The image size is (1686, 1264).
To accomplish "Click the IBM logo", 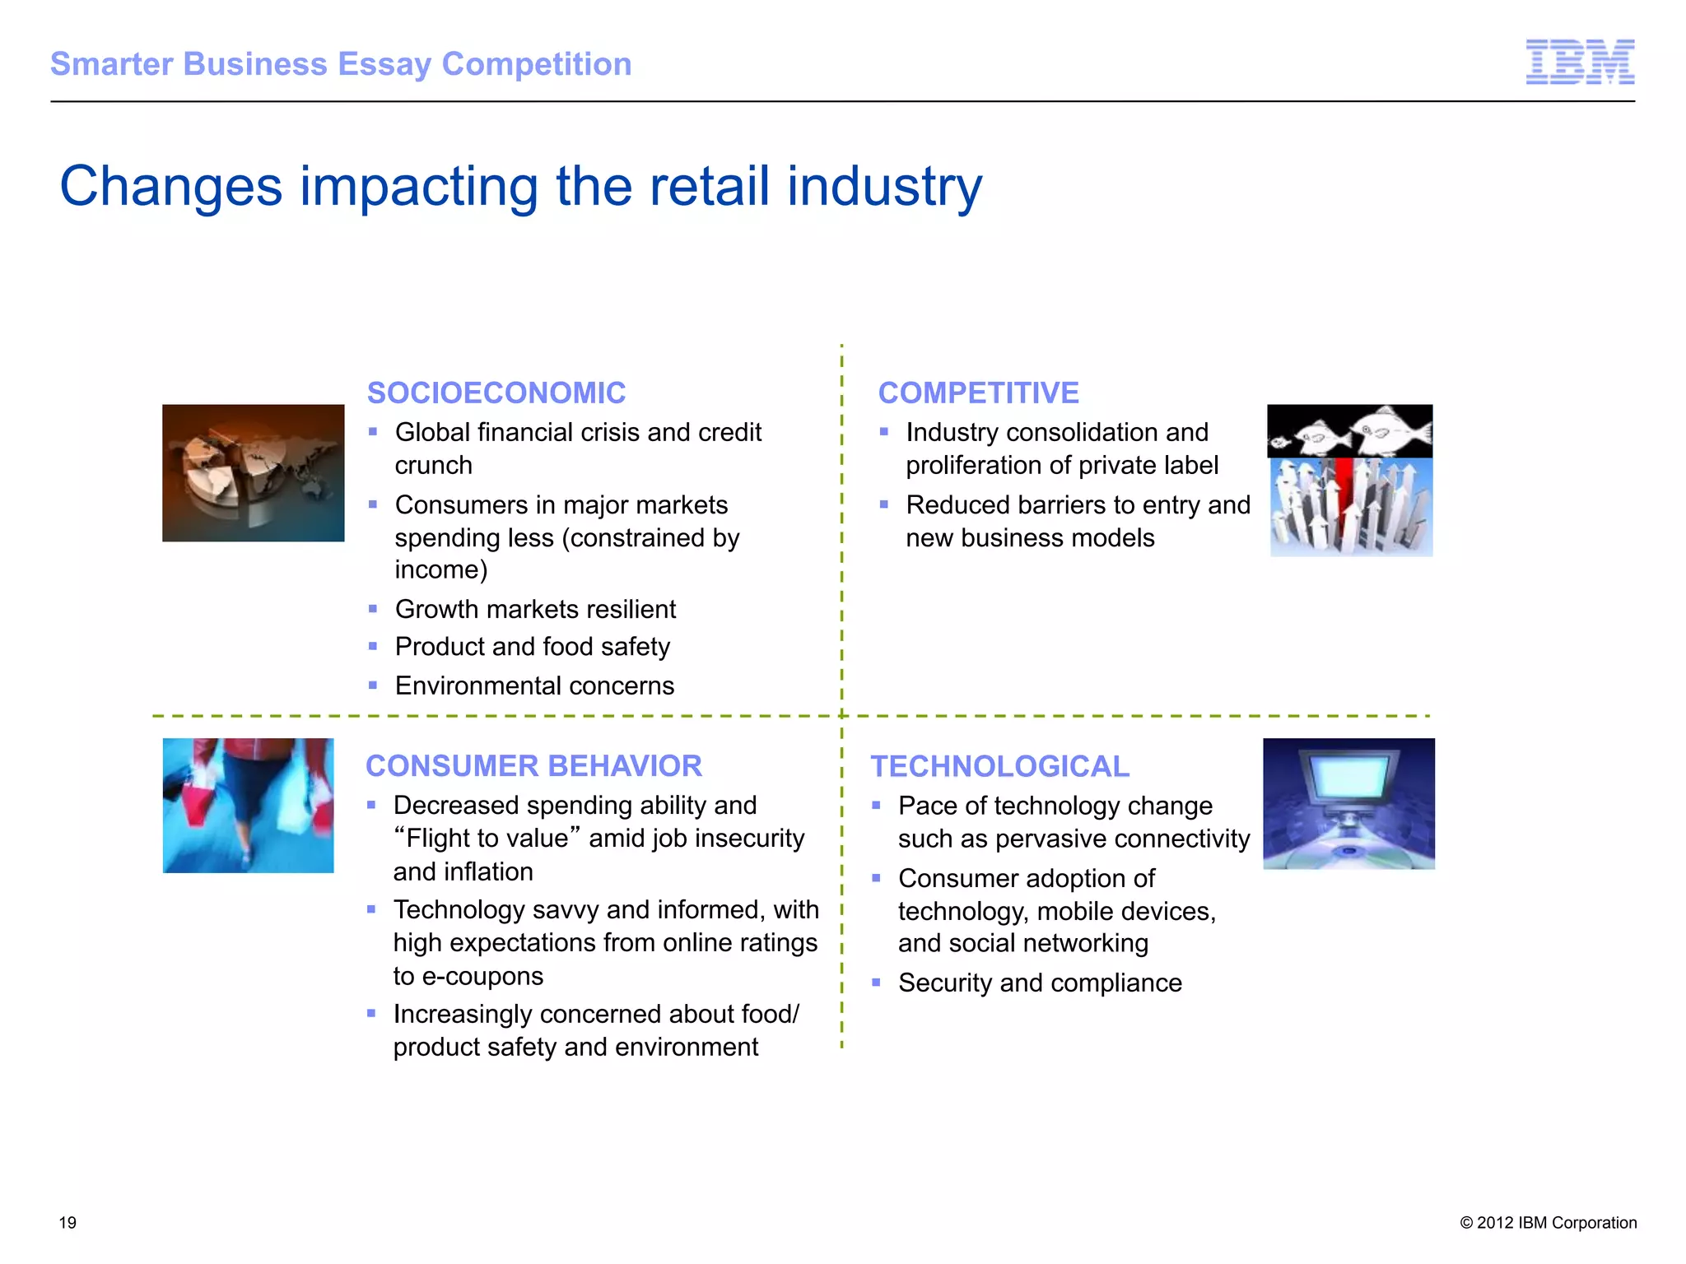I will (1580, 62).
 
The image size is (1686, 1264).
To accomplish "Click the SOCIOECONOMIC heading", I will (496, 393).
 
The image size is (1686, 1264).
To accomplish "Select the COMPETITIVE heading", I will (978, 393).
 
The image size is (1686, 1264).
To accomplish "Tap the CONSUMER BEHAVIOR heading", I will (533, 766).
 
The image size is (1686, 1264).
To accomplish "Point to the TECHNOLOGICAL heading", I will (1000, 766).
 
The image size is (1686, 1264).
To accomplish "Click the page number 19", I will (68, 1223).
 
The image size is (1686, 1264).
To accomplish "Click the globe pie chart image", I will (253, 473).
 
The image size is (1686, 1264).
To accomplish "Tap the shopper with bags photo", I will (248, 805).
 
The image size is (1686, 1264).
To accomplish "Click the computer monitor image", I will (1348, 803).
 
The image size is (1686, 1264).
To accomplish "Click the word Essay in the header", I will (384, 64).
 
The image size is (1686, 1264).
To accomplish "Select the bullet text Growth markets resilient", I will (535, 609).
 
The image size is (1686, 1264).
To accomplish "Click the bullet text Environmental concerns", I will (534, 685).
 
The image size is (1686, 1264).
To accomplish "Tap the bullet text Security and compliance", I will (1040, 983).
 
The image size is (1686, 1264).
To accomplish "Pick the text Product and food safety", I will (532, 647).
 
